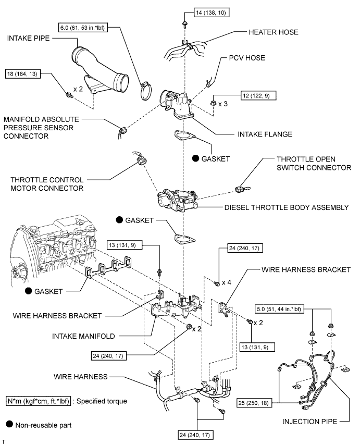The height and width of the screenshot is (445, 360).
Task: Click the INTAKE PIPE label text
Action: (31, 38)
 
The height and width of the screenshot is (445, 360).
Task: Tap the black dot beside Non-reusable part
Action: (9, 425)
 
